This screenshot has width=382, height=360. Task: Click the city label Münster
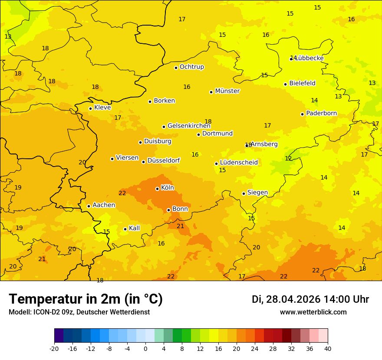click(227, 91)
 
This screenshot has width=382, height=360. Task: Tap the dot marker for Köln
click(157, 189)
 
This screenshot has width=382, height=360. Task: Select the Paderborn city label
click(321, 114)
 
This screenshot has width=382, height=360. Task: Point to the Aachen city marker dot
click(89, 206)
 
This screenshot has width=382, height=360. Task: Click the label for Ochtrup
click(191, 67)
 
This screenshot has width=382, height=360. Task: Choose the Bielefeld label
click(302, 83)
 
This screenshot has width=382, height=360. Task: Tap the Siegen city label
click(257, 193)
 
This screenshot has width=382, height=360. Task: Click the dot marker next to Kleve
click(90, 108)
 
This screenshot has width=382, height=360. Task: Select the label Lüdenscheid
click(239, 163)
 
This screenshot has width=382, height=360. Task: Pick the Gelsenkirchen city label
click(189, 126)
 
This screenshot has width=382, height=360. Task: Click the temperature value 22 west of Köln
click(122, 193)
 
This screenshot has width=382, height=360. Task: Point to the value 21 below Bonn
click(181, 226)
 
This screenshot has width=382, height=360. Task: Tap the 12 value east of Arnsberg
click(288, 159)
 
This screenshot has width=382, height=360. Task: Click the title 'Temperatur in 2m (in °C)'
click(86, 299)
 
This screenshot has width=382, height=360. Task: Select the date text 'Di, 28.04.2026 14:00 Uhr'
click(310, 300)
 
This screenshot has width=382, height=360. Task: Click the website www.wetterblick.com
click(313, 312)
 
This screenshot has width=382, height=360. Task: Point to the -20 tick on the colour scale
click(54, 348)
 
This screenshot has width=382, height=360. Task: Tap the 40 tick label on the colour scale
click(328, 348)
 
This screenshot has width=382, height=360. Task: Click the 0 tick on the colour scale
click(145, 348)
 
